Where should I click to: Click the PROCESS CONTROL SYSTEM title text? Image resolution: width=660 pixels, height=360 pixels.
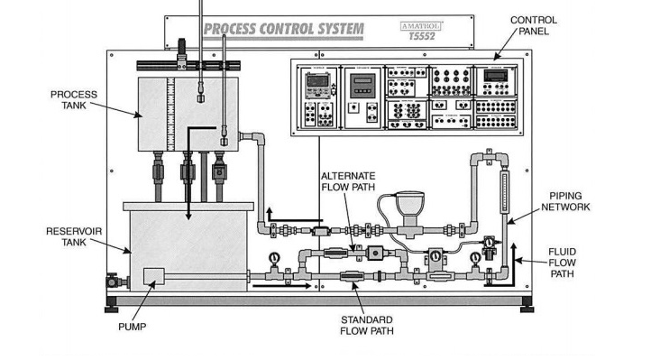coord(284,29)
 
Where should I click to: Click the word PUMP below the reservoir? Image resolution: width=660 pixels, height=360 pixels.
coord(132,327)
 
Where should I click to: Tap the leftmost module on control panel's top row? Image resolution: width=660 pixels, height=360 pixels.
coord(318,83)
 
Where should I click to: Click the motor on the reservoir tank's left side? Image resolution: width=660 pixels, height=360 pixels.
coord(114,282)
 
